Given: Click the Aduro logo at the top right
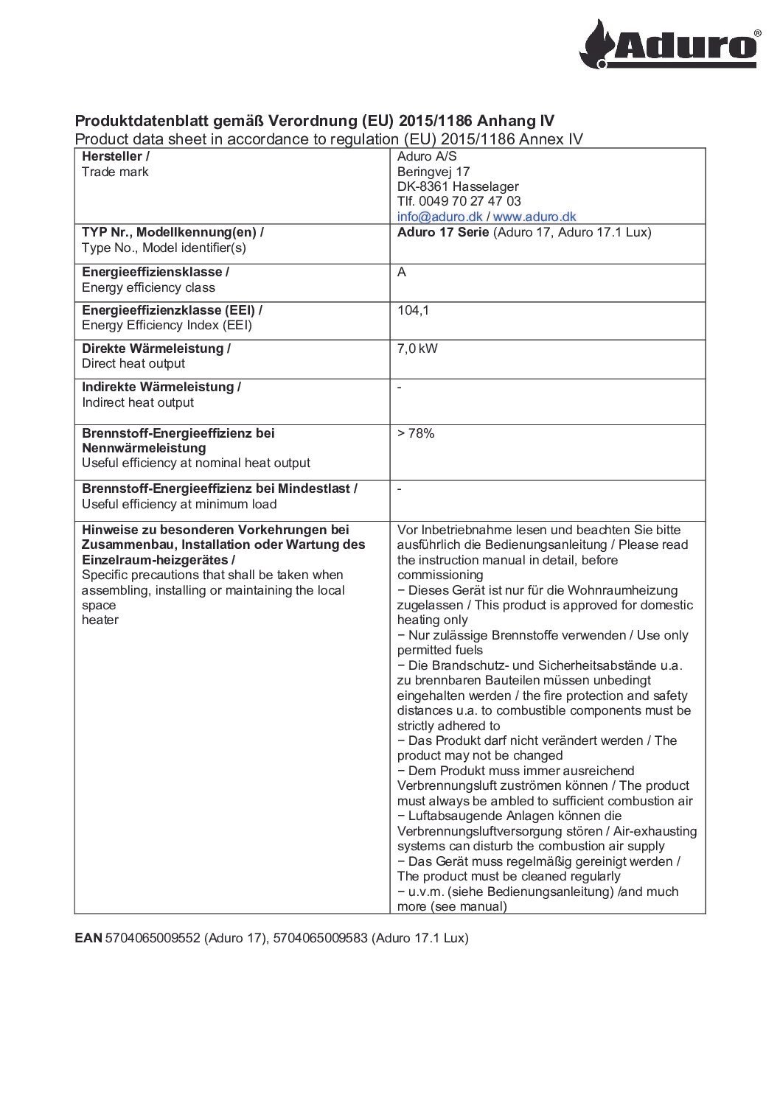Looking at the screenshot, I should (x=674, y=43).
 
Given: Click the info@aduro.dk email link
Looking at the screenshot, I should (x=439, y=217).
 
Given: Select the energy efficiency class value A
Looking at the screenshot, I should (x=402, y=273).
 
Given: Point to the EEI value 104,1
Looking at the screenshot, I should (x=413, y=311).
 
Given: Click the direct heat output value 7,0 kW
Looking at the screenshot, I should (x=417, y=349).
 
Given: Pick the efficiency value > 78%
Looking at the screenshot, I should (x=416, y=433).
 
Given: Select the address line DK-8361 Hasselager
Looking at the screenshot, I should (x=457, y=186).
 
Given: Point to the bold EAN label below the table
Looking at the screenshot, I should (x=88, y=939).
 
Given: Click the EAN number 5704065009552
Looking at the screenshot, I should (x=153, y=939).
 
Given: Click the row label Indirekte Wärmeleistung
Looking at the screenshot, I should (x=161, y=387).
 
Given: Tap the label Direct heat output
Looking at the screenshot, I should (x=133, y=364).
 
